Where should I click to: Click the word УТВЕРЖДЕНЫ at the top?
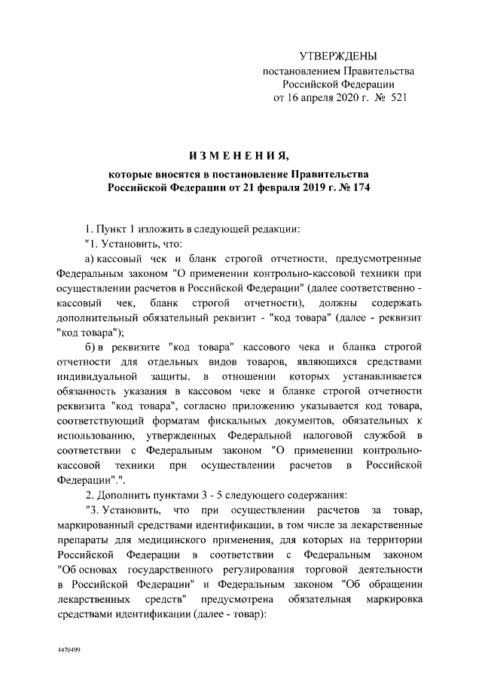(338, 56)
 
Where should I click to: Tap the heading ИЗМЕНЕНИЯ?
(239, 156)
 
